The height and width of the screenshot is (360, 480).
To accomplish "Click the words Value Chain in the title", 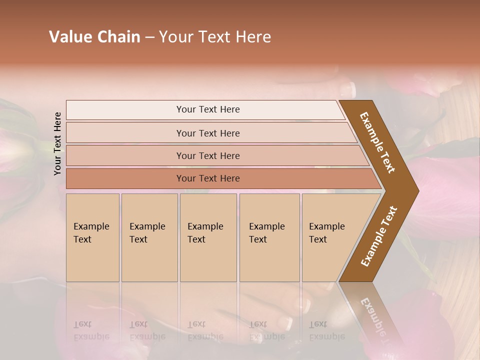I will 94,37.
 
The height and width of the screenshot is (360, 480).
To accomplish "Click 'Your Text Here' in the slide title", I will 215,37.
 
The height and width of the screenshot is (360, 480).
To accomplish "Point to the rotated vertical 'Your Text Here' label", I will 57,143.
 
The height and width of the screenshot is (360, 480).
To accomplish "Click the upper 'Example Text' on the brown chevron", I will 377,142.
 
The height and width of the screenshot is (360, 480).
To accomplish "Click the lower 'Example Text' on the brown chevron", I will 379,236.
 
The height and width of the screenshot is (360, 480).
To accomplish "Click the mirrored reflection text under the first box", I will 91,330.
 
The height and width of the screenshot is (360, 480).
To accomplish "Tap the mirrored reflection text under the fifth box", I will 326,330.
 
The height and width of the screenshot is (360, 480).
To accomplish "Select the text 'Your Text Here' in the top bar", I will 208,109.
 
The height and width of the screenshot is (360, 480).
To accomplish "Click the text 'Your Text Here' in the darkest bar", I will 208,178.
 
